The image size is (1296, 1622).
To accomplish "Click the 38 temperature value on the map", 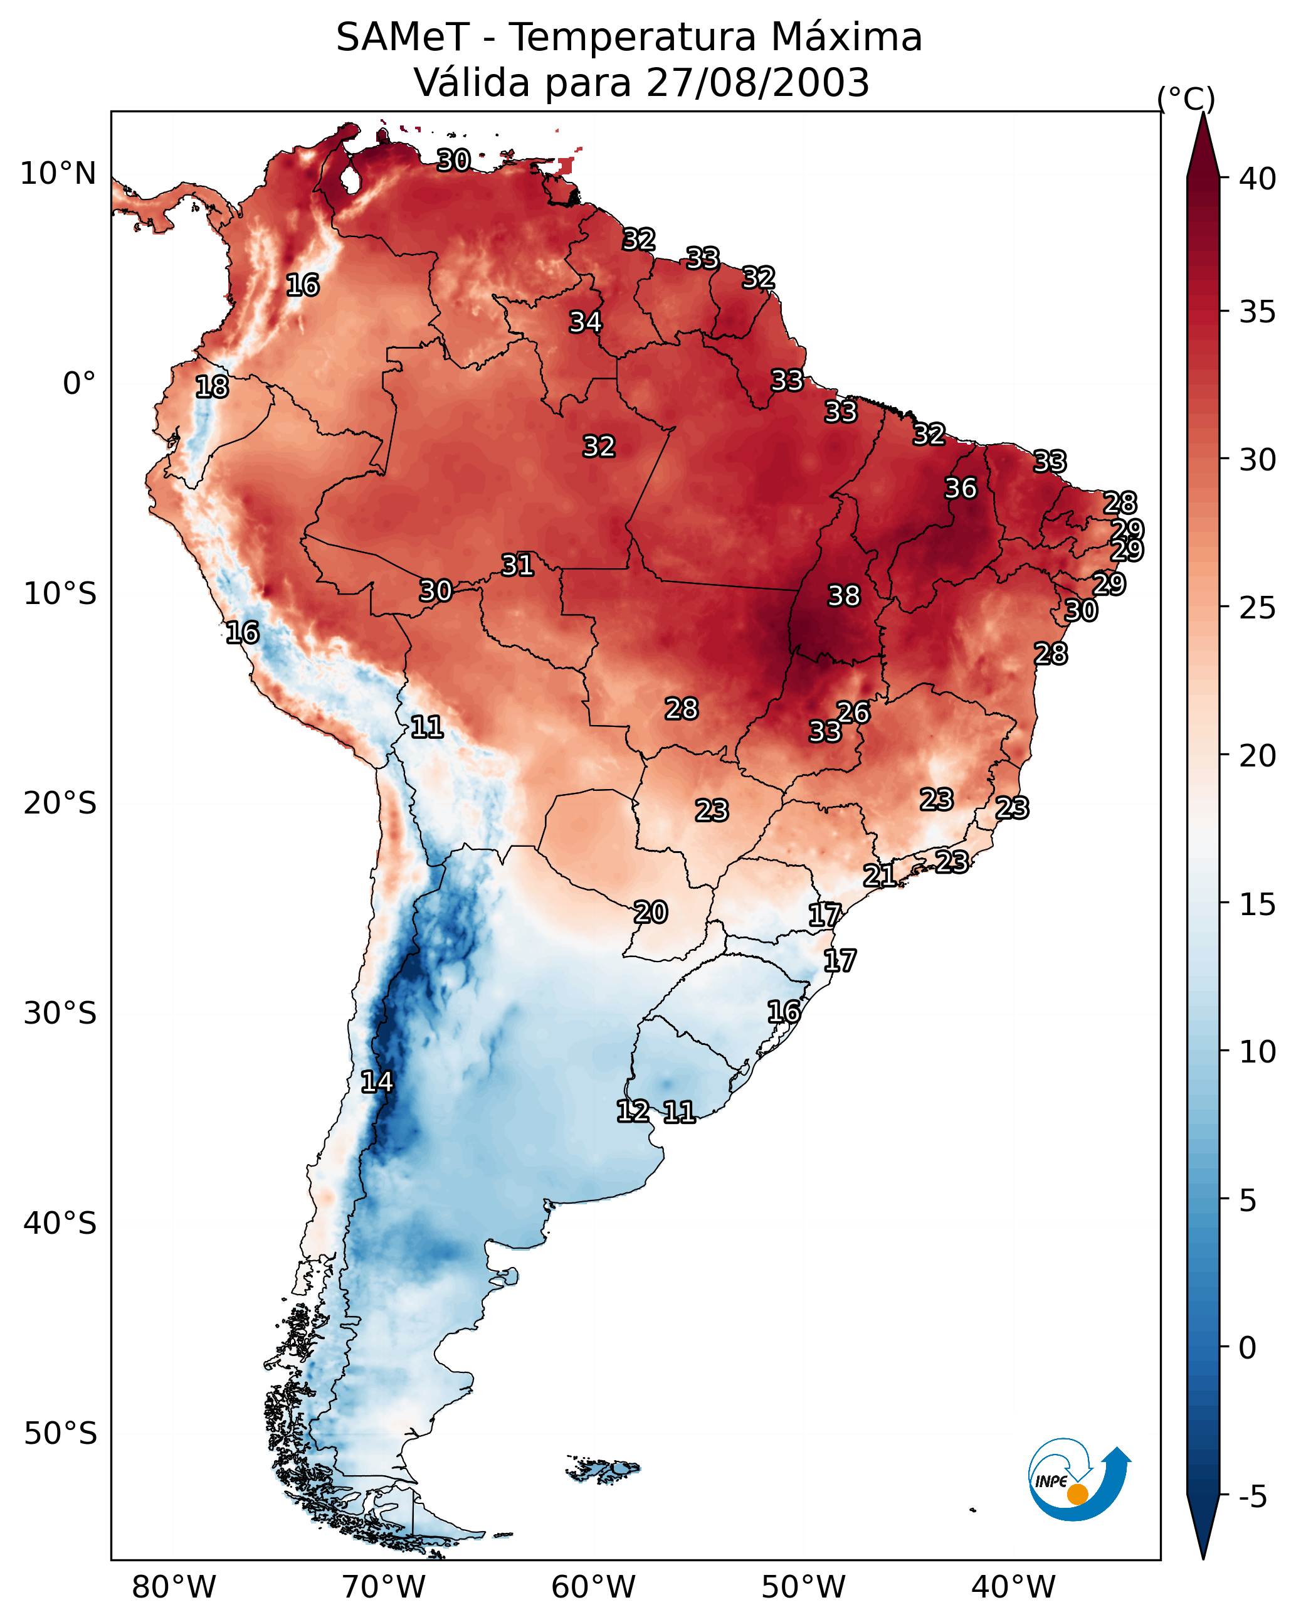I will (x=843, y=596).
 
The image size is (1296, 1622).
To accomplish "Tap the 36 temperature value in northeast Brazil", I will (x=961, y=488).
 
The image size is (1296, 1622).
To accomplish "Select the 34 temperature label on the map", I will (x=585, y=322).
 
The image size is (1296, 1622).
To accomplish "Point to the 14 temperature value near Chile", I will (x=377, y=1082).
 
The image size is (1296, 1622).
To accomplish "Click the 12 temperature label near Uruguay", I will (x=633, y=1111).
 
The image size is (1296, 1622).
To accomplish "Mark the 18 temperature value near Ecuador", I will (x=212, y=387).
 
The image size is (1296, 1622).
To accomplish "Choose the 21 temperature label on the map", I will (x=879, y=875).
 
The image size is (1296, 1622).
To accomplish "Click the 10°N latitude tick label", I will (x=58, y=174).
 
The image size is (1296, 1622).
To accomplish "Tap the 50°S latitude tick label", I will (x=60, y=1434).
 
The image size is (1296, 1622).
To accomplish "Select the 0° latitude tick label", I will (x=79, y=384).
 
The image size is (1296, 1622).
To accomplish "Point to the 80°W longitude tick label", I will (x=174, y=1588).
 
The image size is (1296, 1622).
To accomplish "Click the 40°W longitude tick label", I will (x=1013, y=1588).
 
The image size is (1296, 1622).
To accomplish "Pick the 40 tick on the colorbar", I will (x=1257, y=178).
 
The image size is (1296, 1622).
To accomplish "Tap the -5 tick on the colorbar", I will (x=1252, y=1497).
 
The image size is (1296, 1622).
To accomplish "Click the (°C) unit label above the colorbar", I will (x=1186, y=98).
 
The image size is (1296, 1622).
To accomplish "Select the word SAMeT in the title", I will (x=402, y=37).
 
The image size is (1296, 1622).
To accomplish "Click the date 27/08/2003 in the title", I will (x=757, y=82).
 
